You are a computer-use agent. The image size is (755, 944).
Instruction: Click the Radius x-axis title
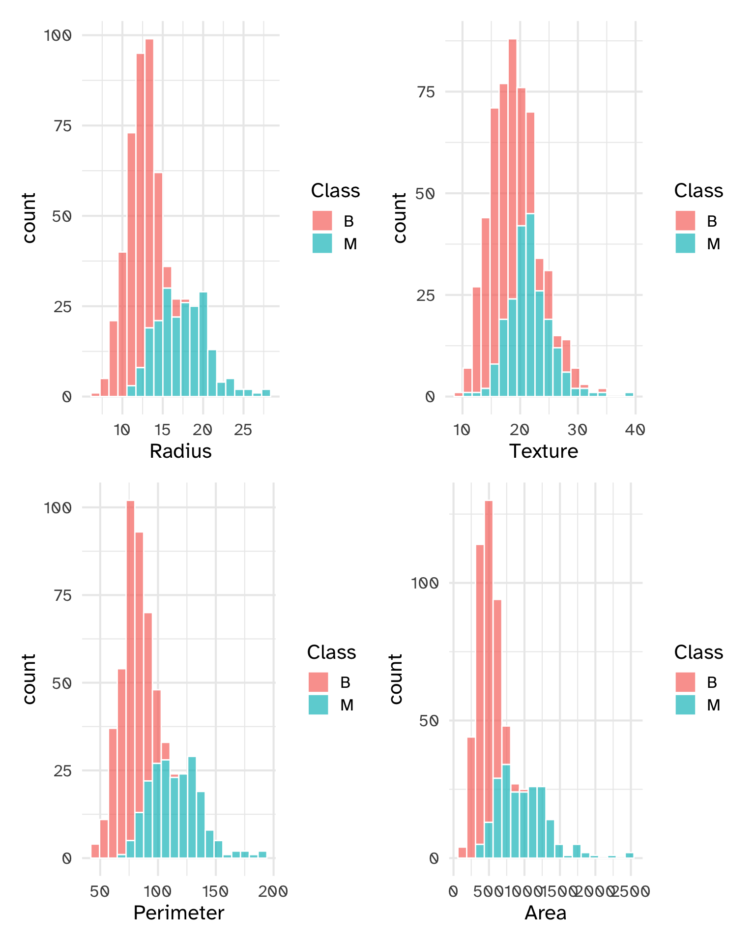(x=180, y=451)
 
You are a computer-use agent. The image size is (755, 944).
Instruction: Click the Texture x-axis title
(x=543, y=451)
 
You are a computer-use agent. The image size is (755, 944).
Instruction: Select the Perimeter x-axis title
(x=178, y=913)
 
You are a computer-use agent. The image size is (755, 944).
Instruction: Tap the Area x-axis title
(x=545, y=913)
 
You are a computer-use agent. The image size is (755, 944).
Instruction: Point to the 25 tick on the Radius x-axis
(x=243, y=430)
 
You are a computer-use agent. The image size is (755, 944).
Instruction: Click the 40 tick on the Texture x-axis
(x=635, y=430)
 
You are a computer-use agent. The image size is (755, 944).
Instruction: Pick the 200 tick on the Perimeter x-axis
(x=273, y=891)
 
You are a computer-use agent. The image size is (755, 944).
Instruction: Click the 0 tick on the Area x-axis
(x=454, y=891)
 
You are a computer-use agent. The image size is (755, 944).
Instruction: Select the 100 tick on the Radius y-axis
(x=58, y=35)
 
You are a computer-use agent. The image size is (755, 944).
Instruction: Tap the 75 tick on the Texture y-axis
(x=425, y=92)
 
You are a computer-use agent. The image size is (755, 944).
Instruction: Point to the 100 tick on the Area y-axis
(x=425, y=583)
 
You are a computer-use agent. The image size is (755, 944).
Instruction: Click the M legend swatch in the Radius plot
(x=322, y=243)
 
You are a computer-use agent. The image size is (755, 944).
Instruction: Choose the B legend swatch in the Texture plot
(x=685, y=221)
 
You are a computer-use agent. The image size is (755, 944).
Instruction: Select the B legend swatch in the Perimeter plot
(x=319, y=682)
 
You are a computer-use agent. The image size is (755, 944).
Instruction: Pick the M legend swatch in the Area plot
(x=685, y=705)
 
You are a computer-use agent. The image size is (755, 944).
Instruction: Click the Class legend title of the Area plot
(x=698, y=652)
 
